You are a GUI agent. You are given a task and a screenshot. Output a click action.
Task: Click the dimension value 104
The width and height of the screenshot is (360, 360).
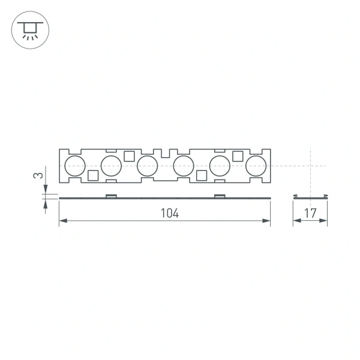170,213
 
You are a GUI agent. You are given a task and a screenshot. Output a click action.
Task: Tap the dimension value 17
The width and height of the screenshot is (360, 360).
310,213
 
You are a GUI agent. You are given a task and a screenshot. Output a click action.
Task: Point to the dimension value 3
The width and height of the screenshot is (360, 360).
38,176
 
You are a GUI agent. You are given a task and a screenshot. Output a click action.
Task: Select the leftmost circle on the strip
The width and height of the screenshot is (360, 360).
75,165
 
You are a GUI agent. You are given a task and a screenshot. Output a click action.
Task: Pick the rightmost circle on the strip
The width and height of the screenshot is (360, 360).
256,165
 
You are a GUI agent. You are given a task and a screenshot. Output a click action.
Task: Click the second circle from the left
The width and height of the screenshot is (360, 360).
111,165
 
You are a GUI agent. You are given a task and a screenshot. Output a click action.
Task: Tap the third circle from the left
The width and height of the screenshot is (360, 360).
147,165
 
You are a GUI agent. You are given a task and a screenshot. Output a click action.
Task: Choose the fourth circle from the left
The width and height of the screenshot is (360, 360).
183,165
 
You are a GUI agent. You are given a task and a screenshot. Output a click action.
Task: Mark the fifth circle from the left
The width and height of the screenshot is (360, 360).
220,165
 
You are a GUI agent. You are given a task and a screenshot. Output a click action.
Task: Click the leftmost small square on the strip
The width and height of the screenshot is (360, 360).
93,175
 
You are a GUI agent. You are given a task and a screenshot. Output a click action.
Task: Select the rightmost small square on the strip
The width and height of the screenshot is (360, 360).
238,156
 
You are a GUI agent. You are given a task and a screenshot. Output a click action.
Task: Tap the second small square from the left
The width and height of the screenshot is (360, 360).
129,156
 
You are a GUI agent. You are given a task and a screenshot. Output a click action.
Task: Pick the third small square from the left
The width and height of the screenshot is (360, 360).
202,175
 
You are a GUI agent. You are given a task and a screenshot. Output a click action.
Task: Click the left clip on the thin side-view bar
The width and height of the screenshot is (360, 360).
111,196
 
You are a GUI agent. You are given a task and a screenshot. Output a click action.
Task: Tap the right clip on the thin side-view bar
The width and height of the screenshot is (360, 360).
220,196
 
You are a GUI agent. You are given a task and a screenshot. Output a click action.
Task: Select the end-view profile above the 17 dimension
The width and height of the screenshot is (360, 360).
310,197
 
